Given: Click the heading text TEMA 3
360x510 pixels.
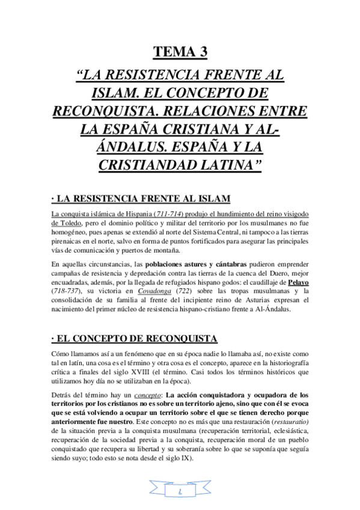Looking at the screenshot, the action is tap(180, 53).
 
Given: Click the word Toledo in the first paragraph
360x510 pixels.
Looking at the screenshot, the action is tap(64, 223).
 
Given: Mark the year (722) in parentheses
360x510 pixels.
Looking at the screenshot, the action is tap(196, 292).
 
